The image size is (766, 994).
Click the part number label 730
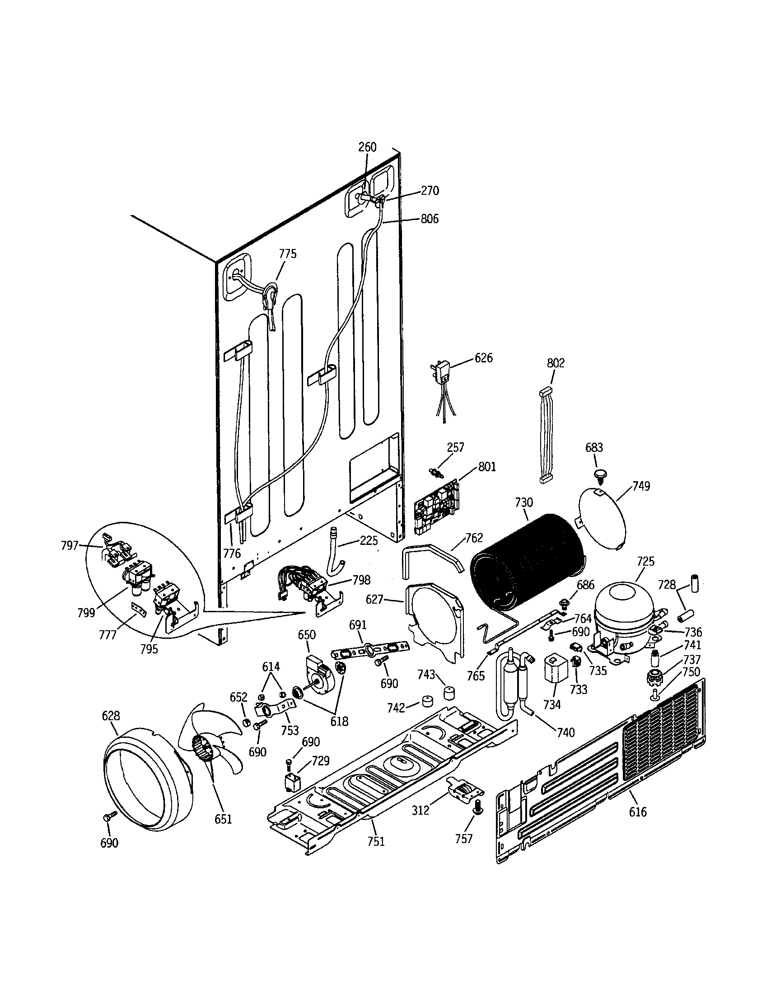point(523,502)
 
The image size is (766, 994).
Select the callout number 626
point(484,358)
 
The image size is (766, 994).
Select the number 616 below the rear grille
point(637,811)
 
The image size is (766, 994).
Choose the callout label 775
point(288,253)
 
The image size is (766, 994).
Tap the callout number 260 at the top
point(367,147)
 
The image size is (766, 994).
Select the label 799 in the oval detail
point(86,613)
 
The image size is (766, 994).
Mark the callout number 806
point(430,219)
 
